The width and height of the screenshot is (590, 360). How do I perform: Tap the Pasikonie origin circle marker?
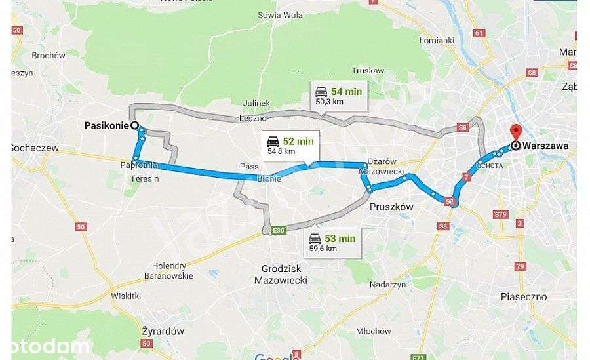coord(134,125)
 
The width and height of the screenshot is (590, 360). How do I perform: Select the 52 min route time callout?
coord(288,145)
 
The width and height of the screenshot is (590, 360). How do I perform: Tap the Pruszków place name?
coord(391,206)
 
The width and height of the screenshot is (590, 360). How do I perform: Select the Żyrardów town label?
coord(163,331)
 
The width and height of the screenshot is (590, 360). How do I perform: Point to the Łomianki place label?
coord(437,41)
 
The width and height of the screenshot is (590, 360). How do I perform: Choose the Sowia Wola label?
coord(280,14)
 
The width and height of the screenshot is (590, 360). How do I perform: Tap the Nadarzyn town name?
coord(388,285)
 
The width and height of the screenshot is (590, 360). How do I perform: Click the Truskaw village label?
coord(367,70)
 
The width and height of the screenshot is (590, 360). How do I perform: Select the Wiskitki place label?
coord(126,296)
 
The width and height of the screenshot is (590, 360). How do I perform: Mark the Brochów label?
coord(49,56)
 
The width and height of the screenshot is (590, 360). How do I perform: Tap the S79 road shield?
coord(501,214)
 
